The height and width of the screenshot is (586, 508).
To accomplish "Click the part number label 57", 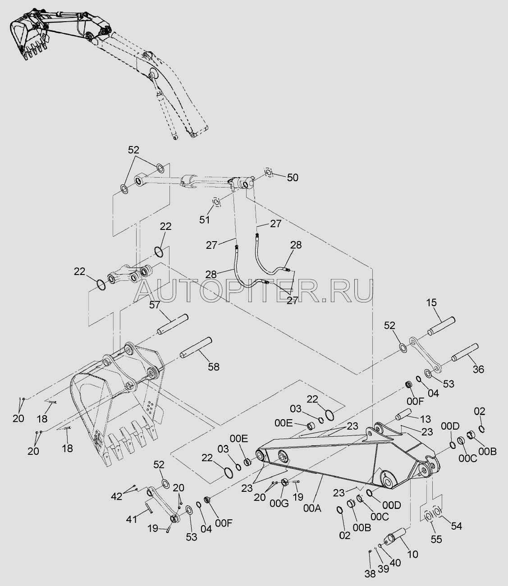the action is click(155, 305).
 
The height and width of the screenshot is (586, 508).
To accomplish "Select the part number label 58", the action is click(214, 367).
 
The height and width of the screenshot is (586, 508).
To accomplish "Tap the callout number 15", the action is click(431, 302).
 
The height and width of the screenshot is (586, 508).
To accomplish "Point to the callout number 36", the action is click(479, 369).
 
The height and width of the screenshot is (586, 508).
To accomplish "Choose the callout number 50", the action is click(293, 178).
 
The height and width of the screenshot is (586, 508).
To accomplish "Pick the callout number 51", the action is click(204, 220).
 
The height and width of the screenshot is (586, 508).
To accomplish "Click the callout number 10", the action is click(412, 554).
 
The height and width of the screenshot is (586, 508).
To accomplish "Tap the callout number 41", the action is click(132, 519).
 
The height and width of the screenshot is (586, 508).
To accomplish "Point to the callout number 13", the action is click(425, 419).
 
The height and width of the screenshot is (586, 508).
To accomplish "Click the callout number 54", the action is click(457, 526).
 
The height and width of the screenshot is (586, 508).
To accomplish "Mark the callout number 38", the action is click(370, 574).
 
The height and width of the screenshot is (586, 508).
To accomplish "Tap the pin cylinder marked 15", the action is click(441, 326).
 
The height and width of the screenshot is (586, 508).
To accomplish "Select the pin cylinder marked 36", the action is click(465, 353).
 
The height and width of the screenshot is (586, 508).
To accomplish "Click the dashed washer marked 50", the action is click(269, 172).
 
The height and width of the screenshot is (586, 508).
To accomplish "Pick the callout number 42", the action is click(116, 496).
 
